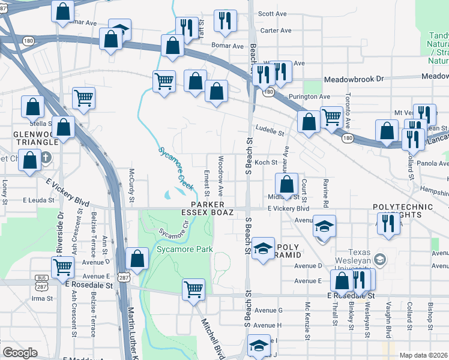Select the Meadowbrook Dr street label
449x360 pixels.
point(353,79)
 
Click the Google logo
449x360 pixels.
point(20,353)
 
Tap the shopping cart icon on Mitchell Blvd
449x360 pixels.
point(193,289)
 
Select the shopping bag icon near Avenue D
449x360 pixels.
point(138,259)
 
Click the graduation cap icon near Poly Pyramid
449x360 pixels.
point(262,249)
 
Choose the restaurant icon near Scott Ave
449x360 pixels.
point(225,20)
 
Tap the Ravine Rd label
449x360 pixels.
point(325,191)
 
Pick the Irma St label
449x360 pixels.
point(39,298)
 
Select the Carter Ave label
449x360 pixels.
point(276,31)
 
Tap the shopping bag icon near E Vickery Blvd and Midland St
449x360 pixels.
point(287,184)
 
